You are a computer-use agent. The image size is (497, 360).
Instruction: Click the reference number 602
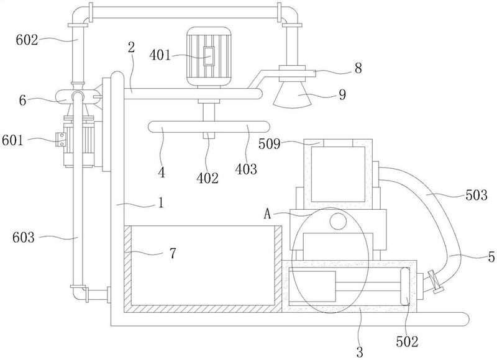[x=27, y=40]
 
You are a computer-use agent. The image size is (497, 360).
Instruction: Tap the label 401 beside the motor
[x=160, y=55]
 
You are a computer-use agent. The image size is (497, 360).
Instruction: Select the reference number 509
[x=270, y=145]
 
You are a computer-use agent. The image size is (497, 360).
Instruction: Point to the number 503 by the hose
[x=476, y=195]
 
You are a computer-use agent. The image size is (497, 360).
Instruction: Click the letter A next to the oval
[x=268, y=215]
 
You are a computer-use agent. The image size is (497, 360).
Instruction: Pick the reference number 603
[x=24, y=237]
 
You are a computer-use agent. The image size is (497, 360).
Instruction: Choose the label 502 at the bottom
[x=407, y=341]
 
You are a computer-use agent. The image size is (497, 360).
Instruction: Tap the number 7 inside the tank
[x=173, y=254]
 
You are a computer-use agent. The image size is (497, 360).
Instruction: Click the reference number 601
[x=12, y=140]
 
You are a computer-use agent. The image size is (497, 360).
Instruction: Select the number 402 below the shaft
[x=207, y=178]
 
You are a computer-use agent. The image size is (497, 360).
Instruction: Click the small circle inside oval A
[x=338, y=221]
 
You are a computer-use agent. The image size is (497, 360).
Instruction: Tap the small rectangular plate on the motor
[x=209, y=56]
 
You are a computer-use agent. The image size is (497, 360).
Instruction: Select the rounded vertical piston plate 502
[x=405, y=286]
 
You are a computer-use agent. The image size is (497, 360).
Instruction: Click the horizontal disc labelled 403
[x=209, y=127]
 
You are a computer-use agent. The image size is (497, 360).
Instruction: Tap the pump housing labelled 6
[x=78, y=96]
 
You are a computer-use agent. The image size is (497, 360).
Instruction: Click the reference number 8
[x=358, y=68]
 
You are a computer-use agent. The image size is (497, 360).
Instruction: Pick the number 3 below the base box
[x=360, y=352]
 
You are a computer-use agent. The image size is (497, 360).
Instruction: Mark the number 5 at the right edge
[x=491, y=257]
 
